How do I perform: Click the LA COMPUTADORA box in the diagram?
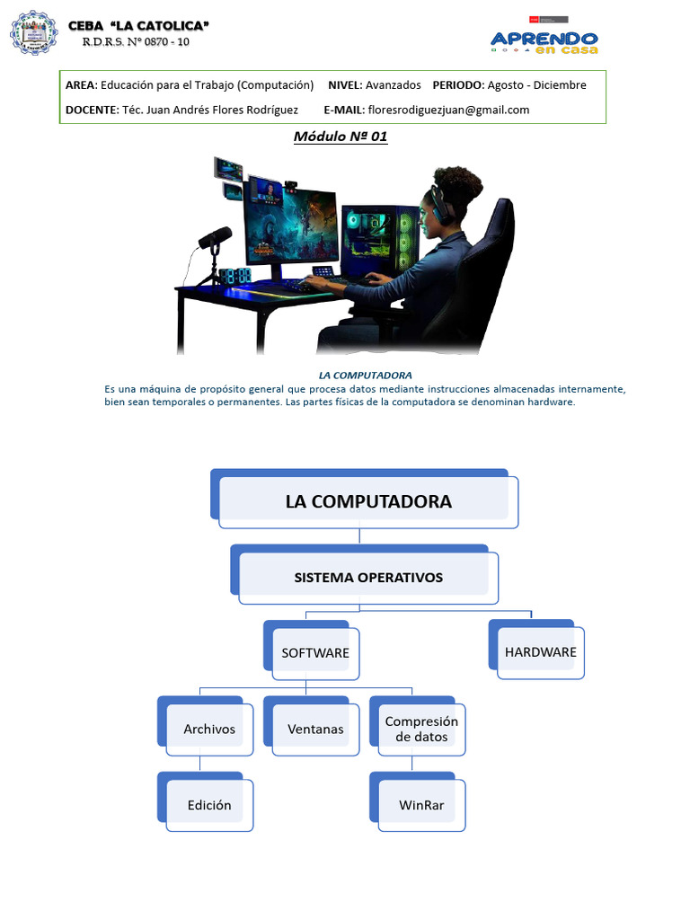tap(368, 501)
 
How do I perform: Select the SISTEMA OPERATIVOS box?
tap(368, 577)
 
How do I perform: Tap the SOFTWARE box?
tap(315, 653)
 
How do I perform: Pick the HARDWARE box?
tap(540, 652)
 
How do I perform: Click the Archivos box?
tap(209, 729)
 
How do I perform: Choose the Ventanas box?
tap(315, 729)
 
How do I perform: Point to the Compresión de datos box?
tap(421, 729)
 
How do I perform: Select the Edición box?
tap(209, 805)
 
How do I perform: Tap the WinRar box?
tap(421, 805)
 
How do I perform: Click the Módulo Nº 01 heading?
tap(341, 137)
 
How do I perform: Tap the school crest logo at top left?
tap(33, 33)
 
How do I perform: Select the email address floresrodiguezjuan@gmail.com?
tap(448, 110)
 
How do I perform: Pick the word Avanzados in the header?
tap(393, 85)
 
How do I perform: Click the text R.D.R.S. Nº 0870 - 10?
tap(136, 41)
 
